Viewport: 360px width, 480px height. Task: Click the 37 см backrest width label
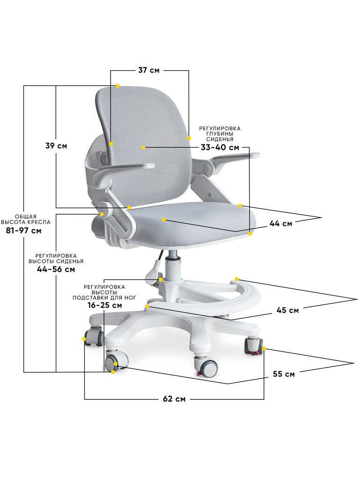click(x=149, y=70)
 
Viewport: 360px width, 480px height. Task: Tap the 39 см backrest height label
click(x=56, y=146)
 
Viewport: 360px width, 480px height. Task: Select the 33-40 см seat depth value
click(x=220, y=147)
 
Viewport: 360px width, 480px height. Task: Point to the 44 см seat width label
click(x=281, y=224)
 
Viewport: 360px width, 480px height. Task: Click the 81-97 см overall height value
click(x=23, y=231)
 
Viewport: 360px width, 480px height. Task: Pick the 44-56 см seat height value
click(x=56, y=270)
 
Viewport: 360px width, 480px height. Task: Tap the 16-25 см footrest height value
click(x=105, y=305)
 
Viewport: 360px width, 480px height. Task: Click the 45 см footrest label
click(x=287, y=310)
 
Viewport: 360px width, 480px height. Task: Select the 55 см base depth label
click(x=284, y=374)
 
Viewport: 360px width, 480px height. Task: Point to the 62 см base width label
click(x=174, y=399)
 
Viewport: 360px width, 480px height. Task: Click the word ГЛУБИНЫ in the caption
click(x=220, y=134)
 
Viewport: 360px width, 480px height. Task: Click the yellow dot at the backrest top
click(x=118, y=86)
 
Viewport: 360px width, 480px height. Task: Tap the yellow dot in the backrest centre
click(x=143, y=147)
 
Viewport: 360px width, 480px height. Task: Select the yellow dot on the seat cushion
click(x=164, y=219)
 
